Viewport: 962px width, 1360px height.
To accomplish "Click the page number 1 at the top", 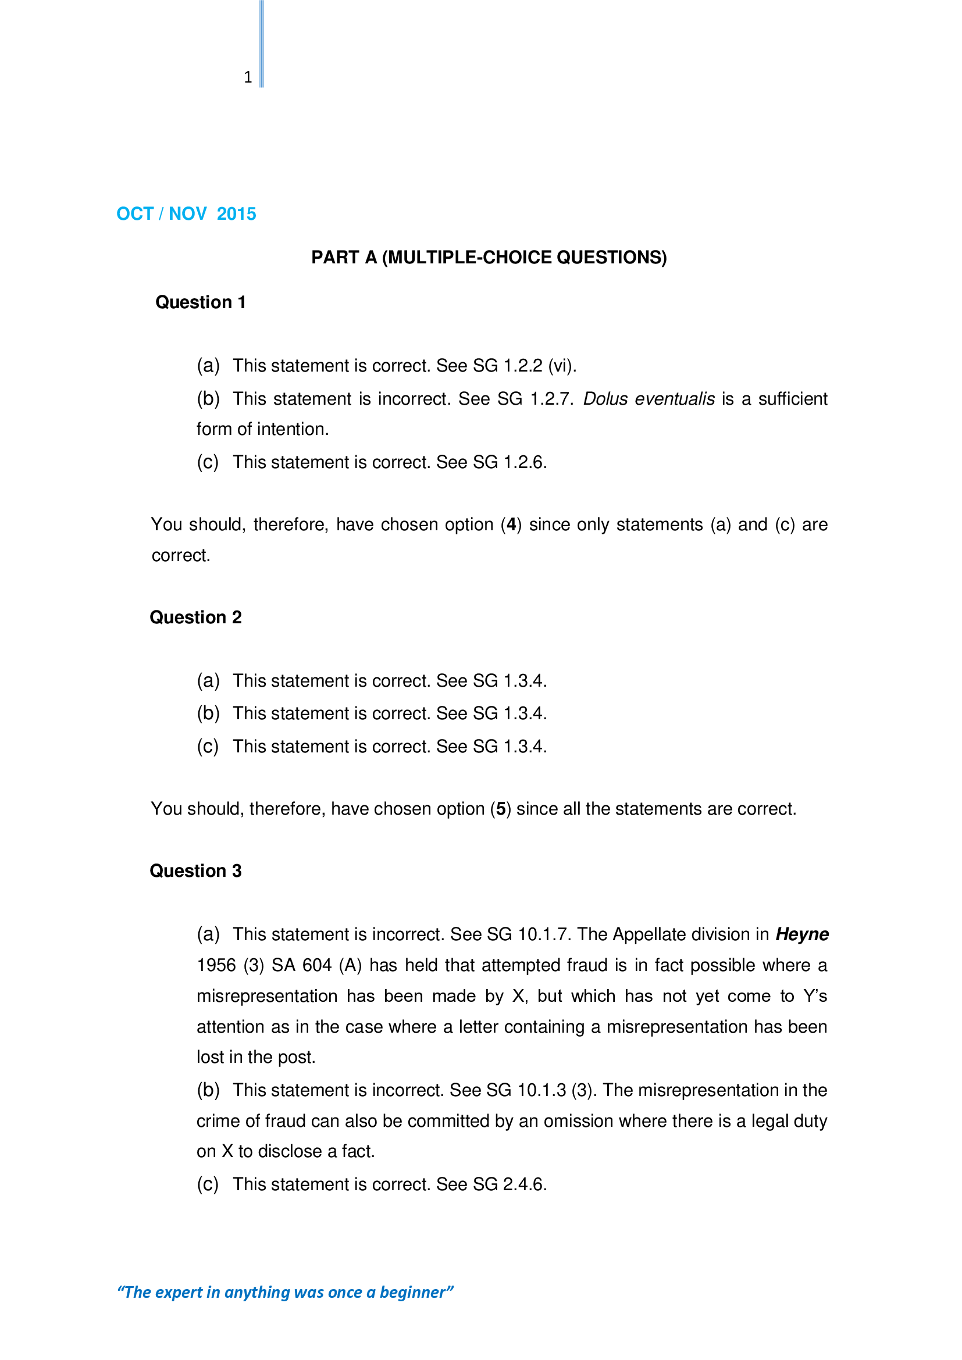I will pos(248,77).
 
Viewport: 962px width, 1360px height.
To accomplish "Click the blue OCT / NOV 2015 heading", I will pos(186,213).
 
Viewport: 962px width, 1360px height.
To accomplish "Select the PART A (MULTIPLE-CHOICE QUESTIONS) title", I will pos(489,257).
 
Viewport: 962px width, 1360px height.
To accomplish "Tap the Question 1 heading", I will pos(200,302).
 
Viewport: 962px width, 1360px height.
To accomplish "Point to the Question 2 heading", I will pos(195,617).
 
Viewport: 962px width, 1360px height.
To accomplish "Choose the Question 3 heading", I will pos(195,871).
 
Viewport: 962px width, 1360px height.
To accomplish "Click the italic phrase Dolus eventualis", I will pos(649,399).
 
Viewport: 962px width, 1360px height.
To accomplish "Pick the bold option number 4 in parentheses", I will pos(511,524).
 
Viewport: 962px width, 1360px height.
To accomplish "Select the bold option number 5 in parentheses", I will pos(501,809).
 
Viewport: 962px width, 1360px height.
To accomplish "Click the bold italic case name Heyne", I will pos(801,934).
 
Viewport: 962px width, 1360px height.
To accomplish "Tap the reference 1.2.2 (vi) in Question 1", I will pos(539,366).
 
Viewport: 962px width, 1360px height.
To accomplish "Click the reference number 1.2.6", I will pos(523,462).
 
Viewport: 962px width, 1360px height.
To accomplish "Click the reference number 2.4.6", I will pos(523,1184).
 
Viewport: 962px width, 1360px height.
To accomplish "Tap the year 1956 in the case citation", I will pos(216,965).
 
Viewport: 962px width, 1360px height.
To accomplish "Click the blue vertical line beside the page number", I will pos(262,44).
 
